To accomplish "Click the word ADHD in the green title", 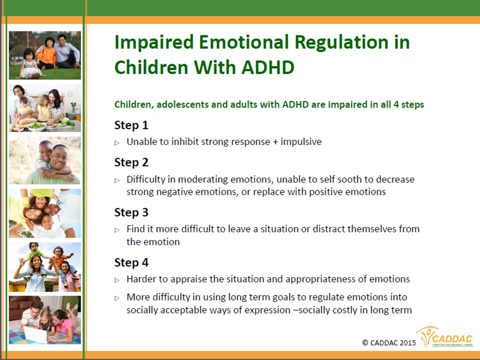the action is (x=268, y=67).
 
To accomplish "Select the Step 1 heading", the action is (x=131, y=125).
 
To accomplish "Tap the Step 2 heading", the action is (x=131, y=162).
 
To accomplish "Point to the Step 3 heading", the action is (x=131, y=212).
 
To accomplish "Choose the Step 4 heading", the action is (x=131, y=262).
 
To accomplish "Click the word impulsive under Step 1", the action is (x=301, y=142).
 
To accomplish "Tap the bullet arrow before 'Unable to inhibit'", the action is (x=117, y=142).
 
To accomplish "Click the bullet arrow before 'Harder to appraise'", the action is (x=117, y=280).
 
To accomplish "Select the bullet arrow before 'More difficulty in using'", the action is (x=117, y=298).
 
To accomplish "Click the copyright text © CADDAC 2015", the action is (x=389, y=343).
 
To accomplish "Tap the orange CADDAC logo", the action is (x=445, y=337).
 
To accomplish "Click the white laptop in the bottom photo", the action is (x=35, y=334).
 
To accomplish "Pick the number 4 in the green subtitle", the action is (x=396, y=104).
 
